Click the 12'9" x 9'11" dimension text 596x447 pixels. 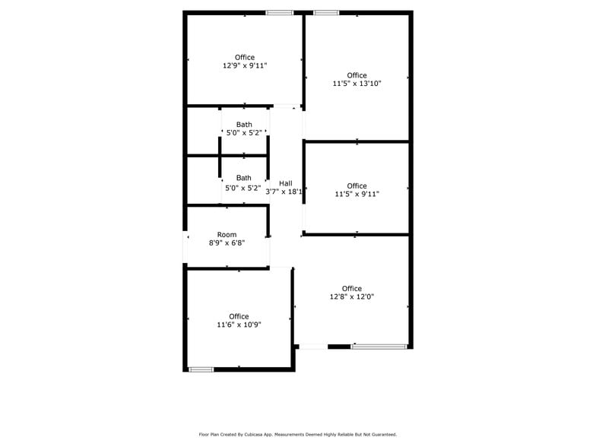tap(245, 66)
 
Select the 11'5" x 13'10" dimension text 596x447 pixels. tap(357, 84)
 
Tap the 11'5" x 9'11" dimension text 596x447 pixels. tap(357, 195)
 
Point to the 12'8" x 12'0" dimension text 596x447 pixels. tap(351, 297)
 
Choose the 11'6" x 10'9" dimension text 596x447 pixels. tap(239, 325)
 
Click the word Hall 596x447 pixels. tap(285, 183)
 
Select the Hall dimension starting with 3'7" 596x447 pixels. tap(285, 192)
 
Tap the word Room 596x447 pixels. tap(227, 235)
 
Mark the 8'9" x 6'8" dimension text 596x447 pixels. tap(227, 244)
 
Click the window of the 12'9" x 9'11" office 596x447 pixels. tap(279, 12)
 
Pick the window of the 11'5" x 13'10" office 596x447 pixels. tap(326, 12)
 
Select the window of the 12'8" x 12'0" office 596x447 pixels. tap(379, 347)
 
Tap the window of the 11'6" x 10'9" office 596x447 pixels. tap(201, 369)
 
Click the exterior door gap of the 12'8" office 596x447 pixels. tap(312, 347)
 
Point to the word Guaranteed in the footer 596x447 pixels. tap(382, 435)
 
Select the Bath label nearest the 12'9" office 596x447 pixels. tap(244, 125)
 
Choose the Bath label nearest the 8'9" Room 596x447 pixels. tap(243, 178)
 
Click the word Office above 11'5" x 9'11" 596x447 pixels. tap(357, 186)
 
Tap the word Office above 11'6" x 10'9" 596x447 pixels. tap(239, 316)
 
